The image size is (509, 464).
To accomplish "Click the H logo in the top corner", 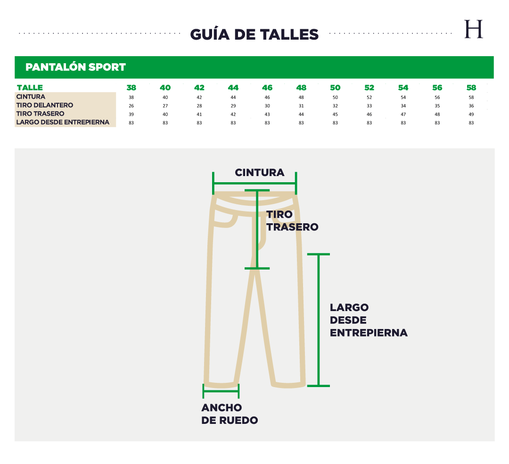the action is [474, 29].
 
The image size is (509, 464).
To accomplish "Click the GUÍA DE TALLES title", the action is [254, 34].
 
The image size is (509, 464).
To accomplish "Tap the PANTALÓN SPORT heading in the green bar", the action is [75, 67].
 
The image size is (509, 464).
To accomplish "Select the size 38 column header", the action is [131, 87].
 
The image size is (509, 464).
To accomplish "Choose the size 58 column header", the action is [471, 87].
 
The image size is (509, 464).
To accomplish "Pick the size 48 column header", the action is [301, 87].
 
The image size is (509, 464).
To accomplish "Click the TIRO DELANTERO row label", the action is [45, 105].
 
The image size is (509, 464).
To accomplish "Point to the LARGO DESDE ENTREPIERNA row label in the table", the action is [63, 122].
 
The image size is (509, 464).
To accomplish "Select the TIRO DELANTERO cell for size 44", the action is [233, 106].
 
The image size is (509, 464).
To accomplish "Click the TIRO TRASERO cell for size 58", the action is [471, 114].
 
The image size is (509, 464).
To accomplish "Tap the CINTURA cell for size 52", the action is [369, 97].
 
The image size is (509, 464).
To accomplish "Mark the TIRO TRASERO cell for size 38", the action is [131, 114].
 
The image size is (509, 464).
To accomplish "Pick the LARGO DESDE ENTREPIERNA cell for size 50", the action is [336, 123].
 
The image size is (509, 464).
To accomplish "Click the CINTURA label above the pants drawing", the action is [260, 172].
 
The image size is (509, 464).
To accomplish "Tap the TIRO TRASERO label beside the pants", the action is [292, 220].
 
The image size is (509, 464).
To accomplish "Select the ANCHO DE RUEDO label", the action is [230, 413].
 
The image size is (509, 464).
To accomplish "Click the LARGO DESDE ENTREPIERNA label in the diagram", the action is [369, 320].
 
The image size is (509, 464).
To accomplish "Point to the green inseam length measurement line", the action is [319, 320].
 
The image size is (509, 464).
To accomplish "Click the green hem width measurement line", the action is [221, 391].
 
